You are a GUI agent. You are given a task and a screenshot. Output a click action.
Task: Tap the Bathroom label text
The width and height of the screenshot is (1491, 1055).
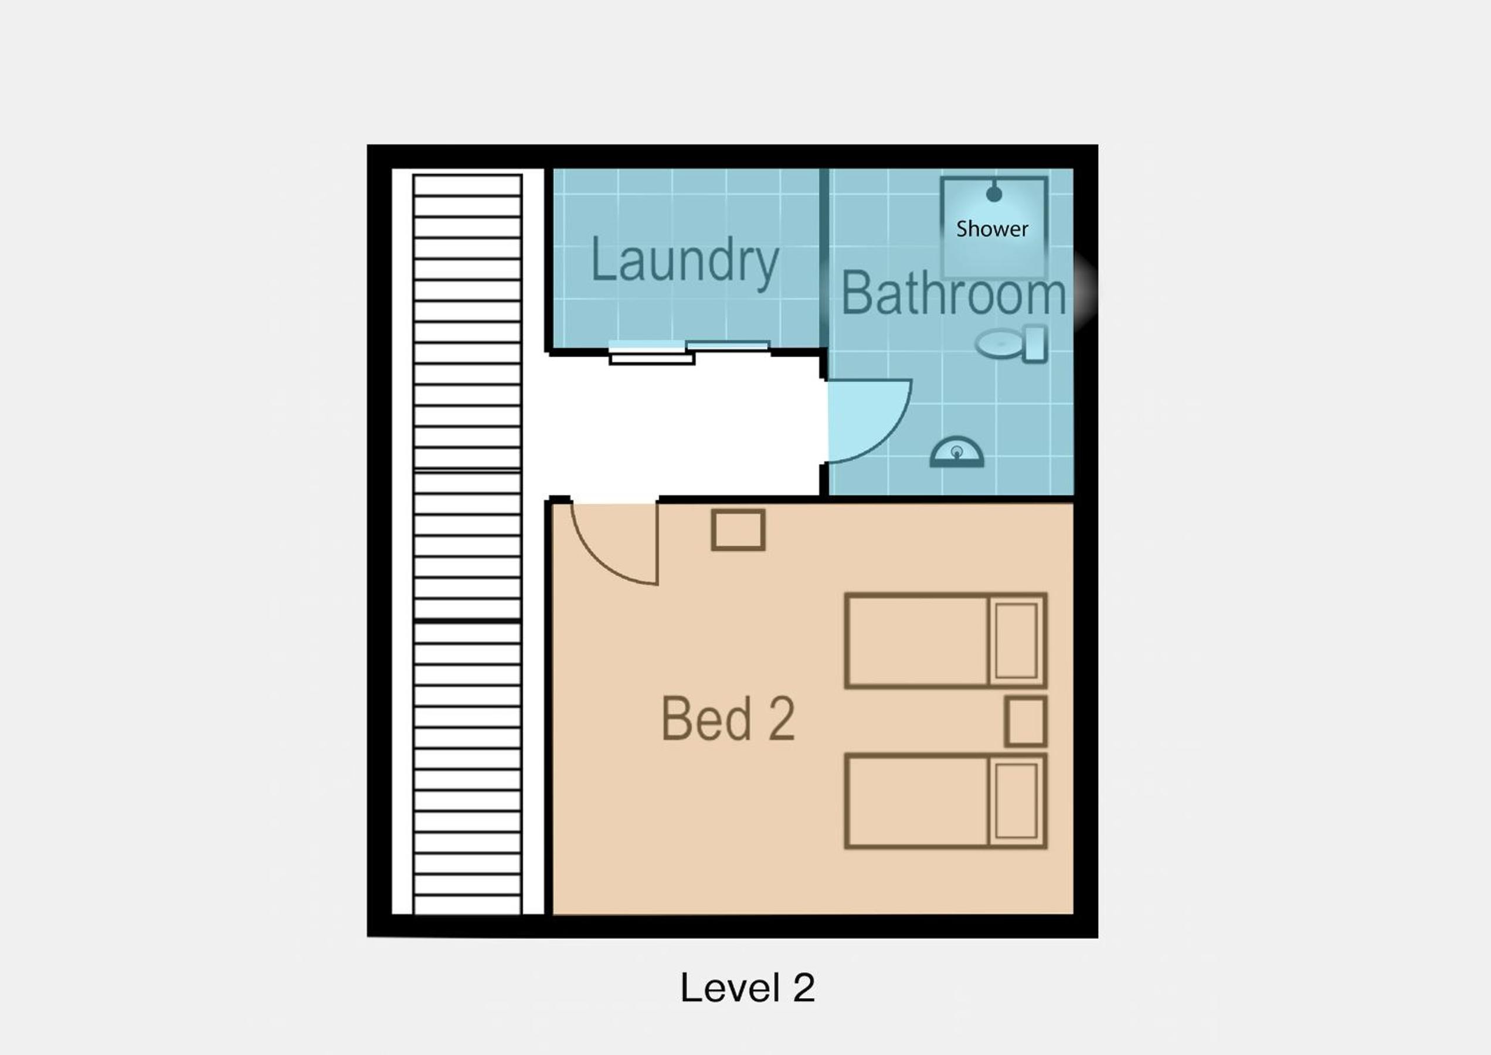point(953,294)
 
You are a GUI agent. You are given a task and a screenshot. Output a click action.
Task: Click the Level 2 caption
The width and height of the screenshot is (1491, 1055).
point(748,988)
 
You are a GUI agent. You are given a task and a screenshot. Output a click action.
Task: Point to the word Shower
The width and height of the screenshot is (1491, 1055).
point(992,229)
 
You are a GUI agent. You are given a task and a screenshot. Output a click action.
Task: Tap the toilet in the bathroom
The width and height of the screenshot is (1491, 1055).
point(1012,344)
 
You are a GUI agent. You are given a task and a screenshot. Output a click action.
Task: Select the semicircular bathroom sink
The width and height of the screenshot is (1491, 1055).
point(956,452)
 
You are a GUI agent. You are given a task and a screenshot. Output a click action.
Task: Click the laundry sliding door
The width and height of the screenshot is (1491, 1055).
point(689,352)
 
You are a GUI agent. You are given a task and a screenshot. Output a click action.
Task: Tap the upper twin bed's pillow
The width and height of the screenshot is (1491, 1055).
point(1016,640)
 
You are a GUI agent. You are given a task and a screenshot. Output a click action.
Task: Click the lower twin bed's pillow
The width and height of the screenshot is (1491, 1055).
point(1016,801)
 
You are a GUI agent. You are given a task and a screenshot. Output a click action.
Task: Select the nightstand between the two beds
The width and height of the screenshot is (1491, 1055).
point(1025,721)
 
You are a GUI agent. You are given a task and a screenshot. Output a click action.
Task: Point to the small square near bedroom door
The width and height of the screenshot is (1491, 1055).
point(738,530)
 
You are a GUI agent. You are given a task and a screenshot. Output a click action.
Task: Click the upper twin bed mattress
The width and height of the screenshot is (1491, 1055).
point(917,640)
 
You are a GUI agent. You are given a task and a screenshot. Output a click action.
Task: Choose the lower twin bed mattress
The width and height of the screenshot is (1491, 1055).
point(917,801)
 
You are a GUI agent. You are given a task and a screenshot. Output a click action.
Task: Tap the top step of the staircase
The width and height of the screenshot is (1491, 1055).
point(467,185)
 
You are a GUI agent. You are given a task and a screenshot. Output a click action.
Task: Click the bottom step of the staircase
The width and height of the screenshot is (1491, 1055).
point(467,905)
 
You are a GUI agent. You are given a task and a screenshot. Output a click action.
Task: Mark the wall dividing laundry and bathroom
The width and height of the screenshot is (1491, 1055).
point(823,258)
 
